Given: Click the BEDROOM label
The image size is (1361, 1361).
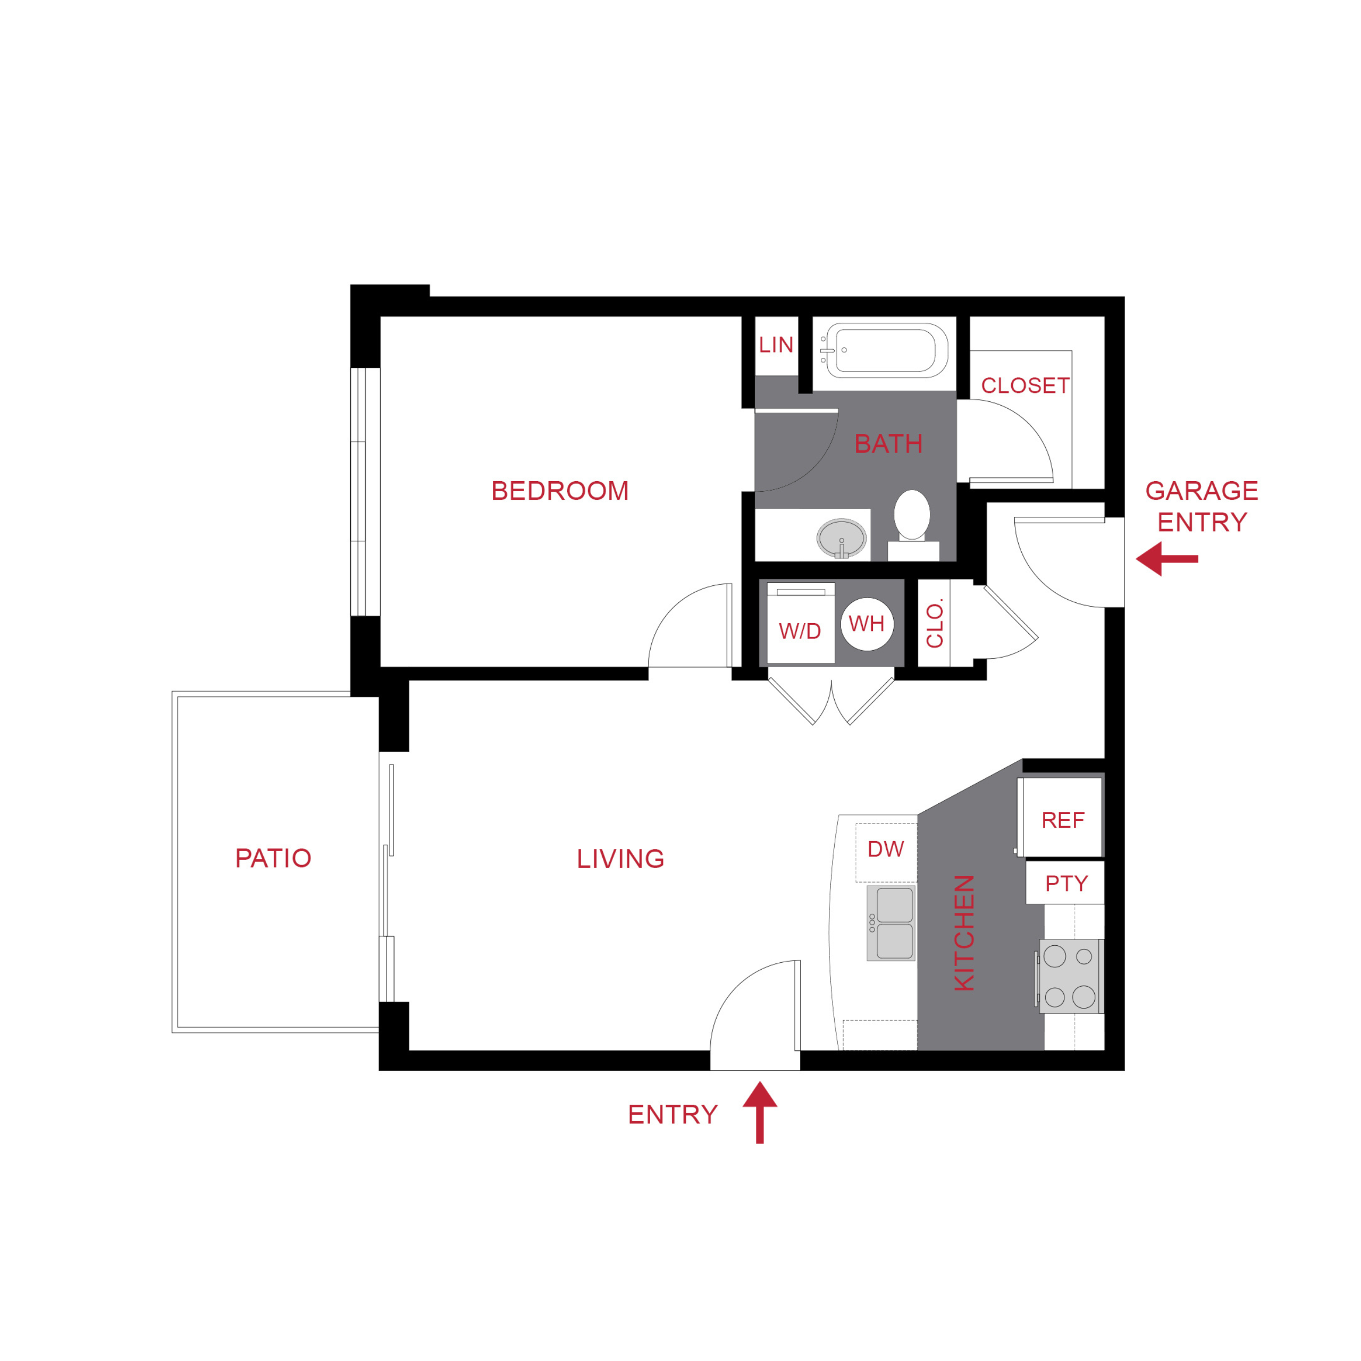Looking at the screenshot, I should pyautogui.click(x=559, y=491).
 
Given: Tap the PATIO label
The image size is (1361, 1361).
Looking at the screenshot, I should pyautogui.click(x=273, y=858).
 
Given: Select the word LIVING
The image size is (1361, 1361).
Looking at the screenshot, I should pyautogui.click(x=620, y=859).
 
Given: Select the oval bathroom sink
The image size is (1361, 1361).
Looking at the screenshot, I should pyautogui.click(x=841, y=538).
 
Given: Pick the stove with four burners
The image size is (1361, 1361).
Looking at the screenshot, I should pyautogui.click(x=1069, y=977).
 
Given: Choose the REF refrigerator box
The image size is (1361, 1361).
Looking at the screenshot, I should pyautogui.click(x=1062, y=819).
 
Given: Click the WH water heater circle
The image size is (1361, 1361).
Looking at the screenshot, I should pyautogui.click(x=867, y=624).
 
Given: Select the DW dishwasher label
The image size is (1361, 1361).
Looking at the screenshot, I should pyautogui.click(x=886, y=849).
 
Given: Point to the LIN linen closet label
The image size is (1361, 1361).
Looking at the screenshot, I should pyautogui.click(x=776, y=345).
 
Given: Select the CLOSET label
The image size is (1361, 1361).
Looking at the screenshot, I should pyautogui.click(x=1025, y=385).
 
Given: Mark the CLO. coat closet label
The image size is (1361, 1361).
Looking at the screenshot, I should pyautogui.click(x=934, y=624).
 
